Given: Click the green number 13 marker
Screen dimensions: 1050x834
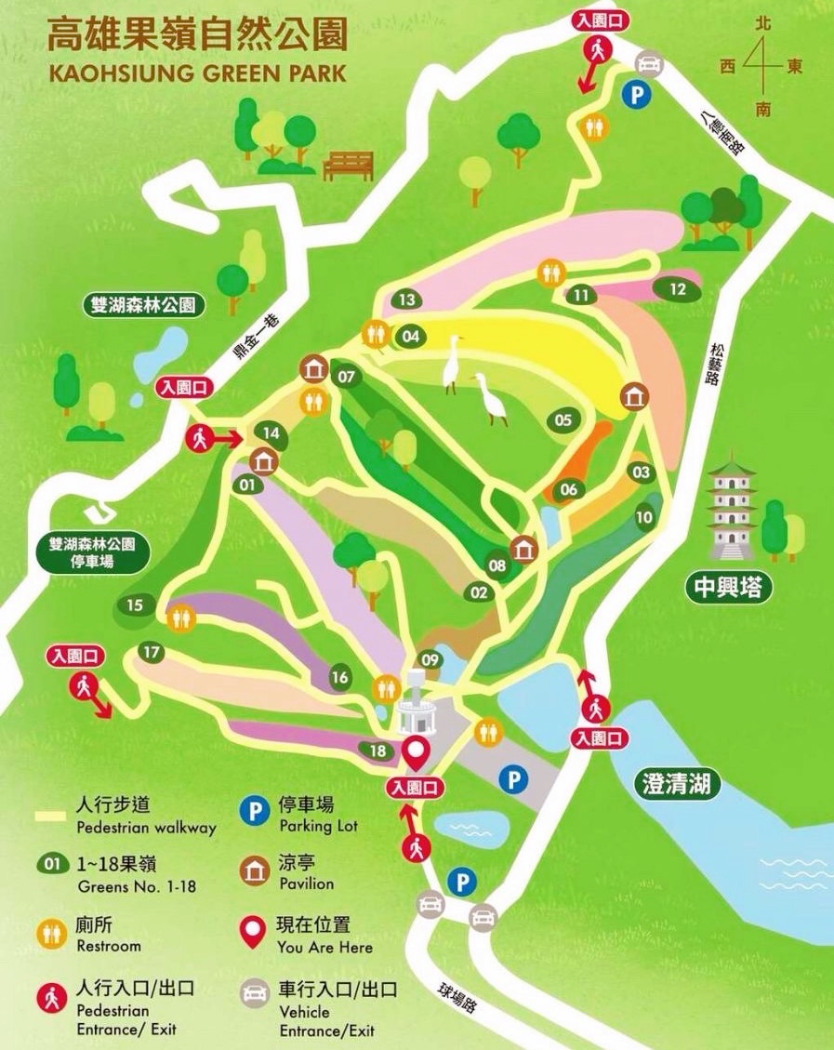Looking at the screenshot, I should coord(406,299).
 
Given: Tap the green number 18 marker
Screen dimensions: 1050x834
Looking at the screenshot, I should coord(377,751).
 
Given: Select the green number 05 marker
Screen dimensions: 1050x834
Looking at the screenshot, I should coord(563,420).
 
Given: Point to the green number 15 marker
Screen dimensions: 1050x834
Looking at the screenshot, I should coord(135,606).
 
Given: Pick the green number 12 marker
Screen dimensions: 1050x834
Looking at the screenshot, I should coord(678,289).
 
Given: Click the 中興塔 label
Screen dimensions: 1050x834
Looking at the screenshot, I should coord(730,588).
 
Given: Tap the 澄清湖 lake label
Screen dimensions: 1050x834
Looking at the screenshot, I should coord(681,784).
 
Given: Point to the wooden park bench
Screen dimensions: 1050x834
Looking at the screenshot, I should coord(348,166).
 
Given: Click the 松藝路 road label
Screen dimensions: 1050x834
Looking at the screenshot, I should coord(714,363).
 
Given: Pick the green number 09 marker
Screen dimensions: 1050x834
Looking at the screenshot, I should coord(430,660).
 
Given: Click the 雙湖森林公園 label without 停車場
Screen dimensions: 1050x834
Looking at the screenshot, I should coord(142,304).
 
